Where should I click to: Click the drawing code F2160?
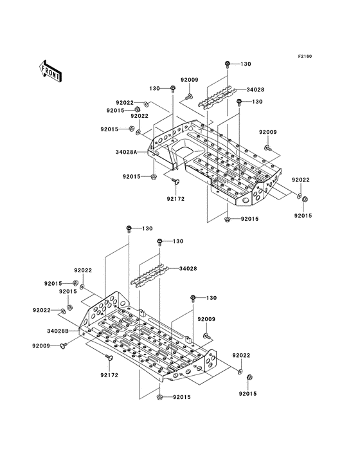[x=304, y=57]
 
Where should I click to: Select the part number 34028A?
[x=128, y=152]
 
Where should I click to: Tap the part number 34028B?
[x=59, y=331]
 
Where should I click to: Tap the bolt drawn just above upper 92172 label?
[x=175, y=184]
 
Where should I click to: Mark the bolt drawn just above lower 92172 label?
[x=107, y=357]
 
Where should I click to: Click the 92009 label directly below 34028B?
[x=41, y=346]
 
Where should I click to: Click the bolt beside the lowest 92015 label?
[x=158, y=398]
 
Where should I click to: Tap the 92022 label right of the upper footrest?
[x=301, y=180]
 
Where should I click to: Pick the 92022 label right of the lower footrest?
[x=242, y=355]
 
